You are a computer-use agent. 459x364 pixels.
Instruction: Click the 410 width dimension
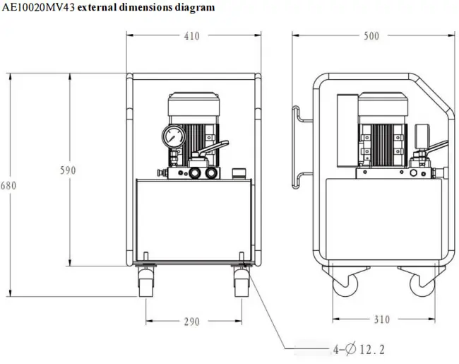(191, 36)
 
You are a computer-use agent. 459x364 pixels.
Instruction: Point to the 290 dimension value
(191, 322)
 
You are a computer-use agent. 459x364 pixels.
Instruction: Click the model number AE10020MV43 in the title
(40, 8)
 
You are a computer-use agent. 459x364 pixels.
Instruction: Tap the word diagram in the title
(196, 8)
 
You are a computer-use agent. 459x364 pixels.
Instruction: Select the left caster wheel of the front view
(146, 282)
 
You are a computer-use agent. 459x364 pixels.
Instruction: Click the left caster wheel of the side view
(345, 283)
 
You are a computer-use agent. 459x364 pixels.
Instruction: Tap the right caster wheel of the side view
(424, 283)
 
